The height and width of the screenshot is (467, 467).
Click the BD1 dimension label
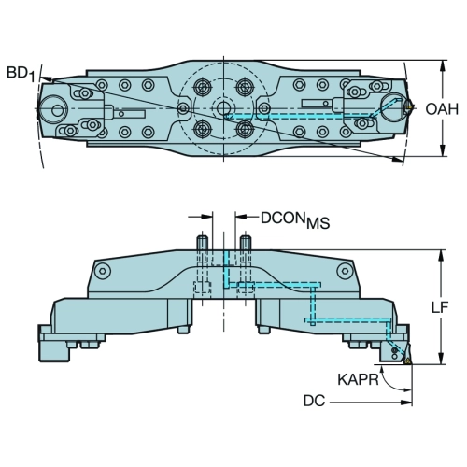point(21,75)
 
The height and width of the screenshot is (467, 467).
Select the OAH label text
point(442,109)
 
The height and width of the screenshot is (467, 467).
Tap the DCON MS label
point(295,220)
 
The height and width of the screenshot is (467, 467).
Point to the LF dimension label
point(440,307)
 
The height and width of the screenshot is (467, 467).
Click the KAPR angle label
point(358,379)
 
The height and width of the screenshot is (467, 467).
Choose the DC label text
point(314,401)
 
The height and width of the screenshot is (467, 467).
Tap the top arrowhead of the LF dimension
point(441,256)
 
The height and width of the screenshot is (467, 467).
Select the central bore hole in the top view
point(223,108)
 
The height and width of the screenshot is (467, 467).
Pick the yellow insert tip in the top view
point(409,108)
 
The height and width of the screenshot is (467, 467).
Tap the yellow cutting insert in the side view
point(406,361)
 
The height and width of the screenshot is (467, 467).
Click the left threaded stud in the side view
point(202,243)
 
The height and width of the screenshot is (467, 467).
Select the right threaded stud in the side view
point(246,243)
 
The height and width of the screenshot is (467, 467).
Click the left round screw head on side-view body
point(103,271)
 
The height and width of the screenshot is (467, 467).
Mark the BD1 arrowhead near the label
point(47,79)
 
